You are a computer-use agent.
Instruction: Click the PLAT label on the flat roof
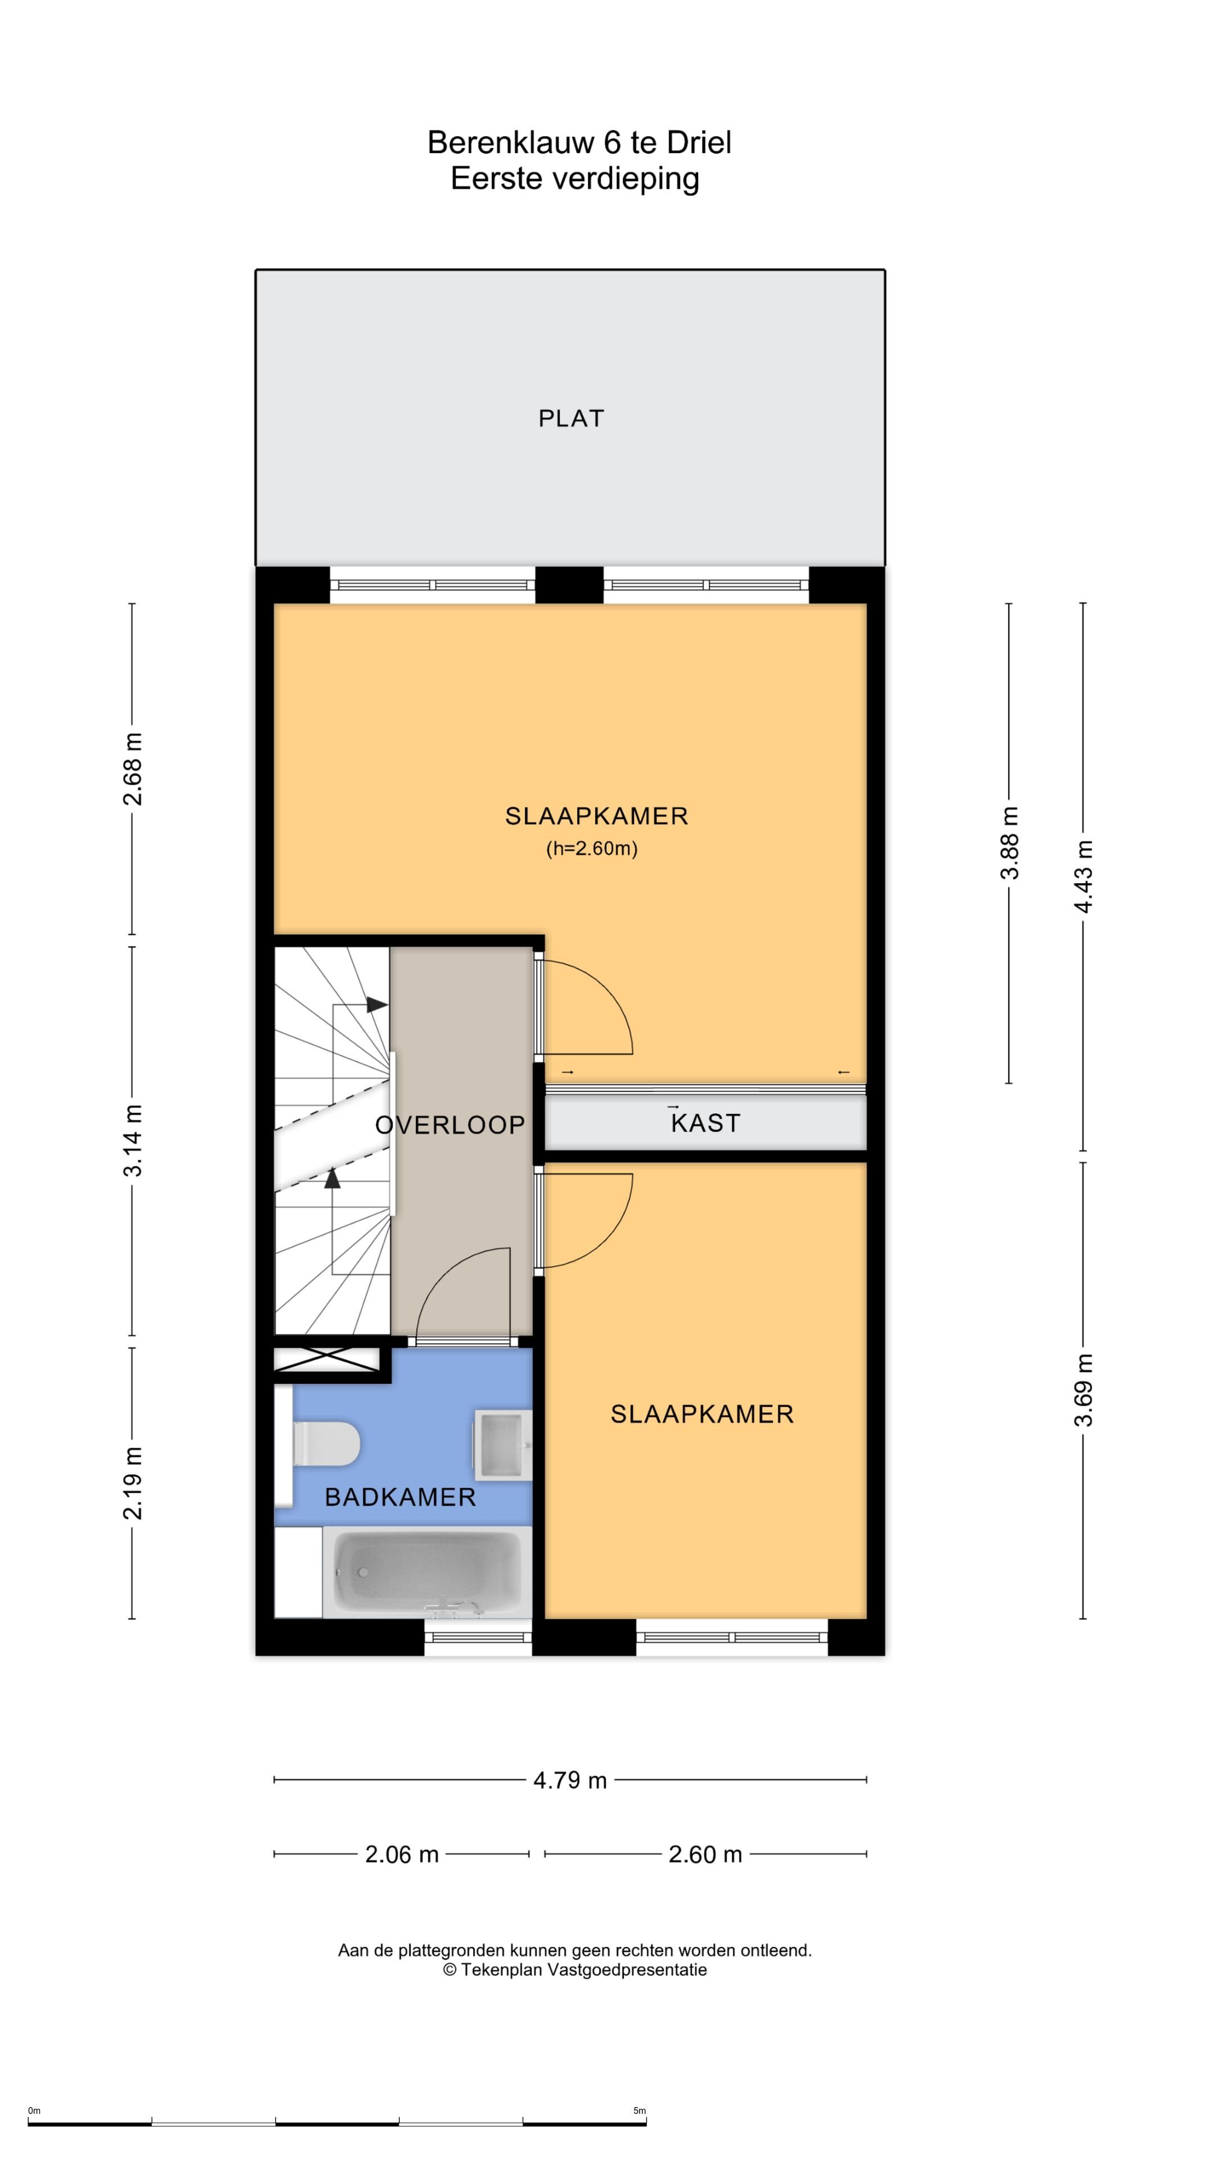point(570,418)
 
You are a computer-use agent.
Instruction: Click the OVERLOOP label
point(449,1125)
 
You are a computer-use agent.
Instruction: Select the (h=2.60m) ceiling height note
point(592,849)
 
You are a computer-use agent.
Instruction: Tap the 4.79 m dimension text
point(570,1780)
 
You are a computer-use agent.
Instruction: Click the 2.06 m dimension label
point(402,1854)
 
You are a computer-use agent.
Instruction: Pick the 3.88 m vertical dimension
point(1010,842)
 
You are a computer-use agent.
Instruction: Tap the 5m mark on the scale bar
point(640,2110)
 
